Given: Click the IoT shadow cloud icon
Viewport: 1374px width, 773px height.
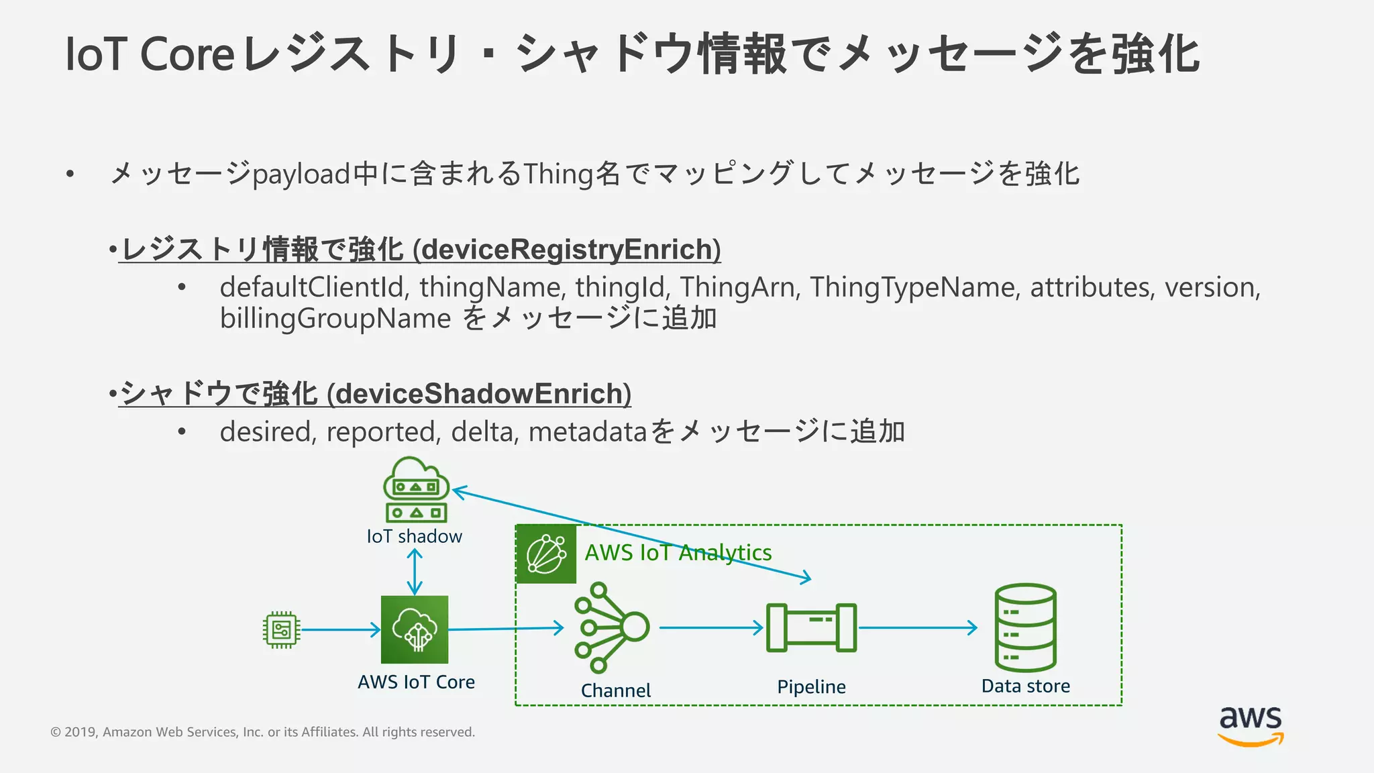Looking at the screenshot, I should point(416,488).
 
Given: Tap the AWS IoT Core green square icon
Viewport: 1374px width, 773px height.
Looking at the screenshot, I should point(415,629).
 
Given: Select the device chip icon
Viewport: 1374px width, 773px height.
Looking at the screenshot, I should point(282,629).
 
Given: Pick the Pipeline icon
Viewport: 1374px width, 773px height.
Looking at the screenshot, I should point(811,627).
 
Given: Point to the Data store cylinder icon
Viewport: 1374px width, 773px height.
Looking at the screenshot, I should point(1025,627).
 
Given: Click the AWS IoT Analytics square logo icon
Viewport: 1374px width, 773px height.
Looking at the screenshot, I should point(546,554).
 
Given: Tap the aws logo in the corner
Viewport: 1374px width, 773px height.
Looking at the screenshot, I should point(1251,725).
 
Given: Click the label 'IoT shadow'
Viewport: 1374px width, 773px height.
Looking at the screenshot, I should point(414,537).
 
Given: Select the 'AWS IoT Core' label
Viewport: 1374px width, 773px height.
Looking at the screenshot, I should point(416,682).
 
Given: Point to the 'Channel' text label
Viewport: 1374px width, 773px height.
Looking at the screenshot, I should point(615,690).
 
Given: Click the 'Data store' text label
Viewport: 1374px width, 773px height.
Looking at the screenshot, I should point(1025,686).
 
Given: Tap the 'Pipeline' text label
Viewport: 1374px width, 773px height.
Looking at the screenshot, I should point(811,687).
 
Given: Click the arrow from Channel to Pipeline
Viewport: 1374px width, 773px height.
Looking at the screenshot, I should point(711,628).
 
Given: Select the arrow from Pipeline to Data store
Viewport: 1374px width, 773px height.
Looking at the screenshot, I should point(918,628).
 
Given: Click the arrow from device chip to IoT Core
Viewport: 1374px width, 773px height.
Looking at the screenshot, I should point(341,629).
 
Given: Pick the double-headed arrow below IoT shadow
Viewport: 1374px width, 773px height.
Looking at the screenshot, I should point(415,572).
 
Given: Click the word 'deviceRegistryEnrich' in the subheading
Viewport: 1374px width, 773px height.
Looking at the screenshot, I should point(567,250).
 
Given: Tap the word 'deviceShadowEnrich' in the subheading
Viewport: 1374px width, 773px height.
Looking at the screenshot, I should point(479,394).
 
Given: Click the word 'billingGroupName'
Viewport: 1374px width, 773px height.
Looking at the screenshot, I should point(335,318).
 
